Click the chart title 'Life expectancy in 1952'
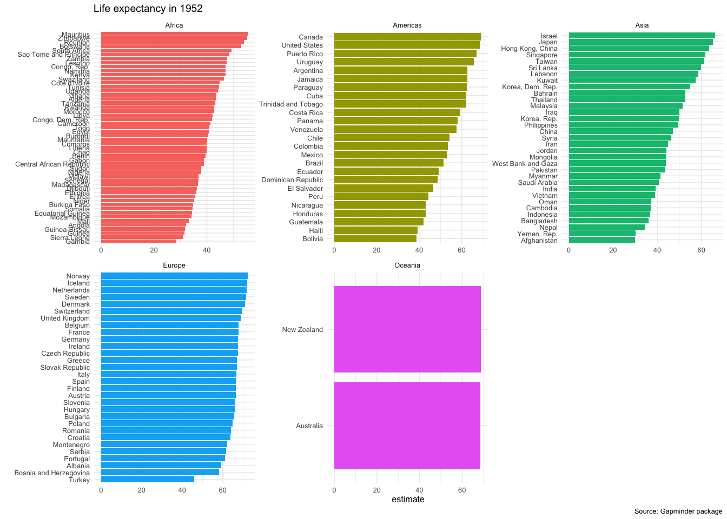tap(148, 9)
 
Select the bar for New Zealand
tap(407, 329)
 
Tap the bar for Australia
tap(407, 425)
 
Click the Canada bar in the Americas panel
tap(407, 37)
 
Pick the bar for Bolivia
tap(375, 238)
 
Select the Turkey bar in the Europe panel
tap(147, 480)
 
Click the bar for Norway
tap(174, 276)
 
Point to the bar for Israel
tap(642, 36)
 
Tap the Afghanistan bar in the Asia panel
tap(602, 240)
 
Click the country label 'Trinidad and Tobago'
tap(291, 104)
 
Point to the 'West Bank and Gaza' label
tap(525, 163)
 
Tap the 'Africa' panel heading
tap(174, 25)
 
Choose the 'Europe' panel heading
tap(174, 265)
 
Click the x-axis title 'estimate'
tap(408, 500)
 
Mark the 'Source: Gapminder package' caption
tap(678, 511)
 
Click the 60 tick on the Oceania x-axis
tap(462, 490)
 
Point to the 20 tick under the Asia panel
tap(613, 250)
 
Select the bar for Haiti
tap(376, 230)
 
